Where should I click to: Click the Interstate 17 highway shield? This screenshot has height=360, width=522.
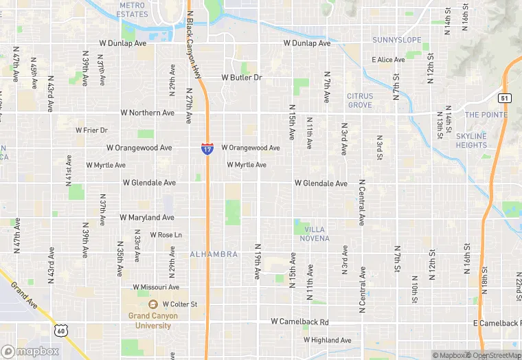tap(207, 148)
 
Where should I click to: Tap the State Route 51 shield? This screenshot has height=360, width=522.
tap(504, 98)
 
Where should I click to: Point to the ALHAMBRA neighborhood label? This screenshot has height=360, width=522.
tap(214, 254)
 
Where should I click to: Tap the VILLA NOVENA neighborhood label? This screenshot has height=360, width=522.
tap(314, 234)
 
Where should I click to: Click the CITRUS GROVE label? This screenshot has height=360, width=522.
tap(360, 101)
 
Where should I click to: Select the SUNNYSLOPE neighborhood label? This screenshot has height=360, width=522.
tap(397, 40)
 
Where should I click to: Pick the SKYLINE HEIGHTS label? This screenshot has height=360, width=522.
tap(471, 141)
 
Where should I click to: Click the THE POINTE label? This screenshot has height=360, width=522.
tap(486, 115)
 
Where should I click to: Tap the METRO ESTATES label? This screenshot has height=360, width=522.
tap(133, 10)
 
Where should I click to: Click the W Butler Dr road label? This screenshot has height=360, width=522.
tap(242, 78)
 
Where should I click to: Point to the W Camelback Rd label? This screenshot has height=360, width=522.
tap(300, 322)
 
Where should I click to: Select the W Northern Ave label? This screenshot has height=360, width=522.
tap(148, 113)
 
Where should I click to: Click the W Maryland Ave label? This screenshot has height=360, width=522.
tap(147, 218)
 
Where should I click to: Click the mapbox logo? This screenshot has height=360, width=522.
tap(30, 351)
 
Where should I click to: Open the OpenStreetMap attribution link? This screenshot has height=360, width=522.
tap(492, 355)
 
